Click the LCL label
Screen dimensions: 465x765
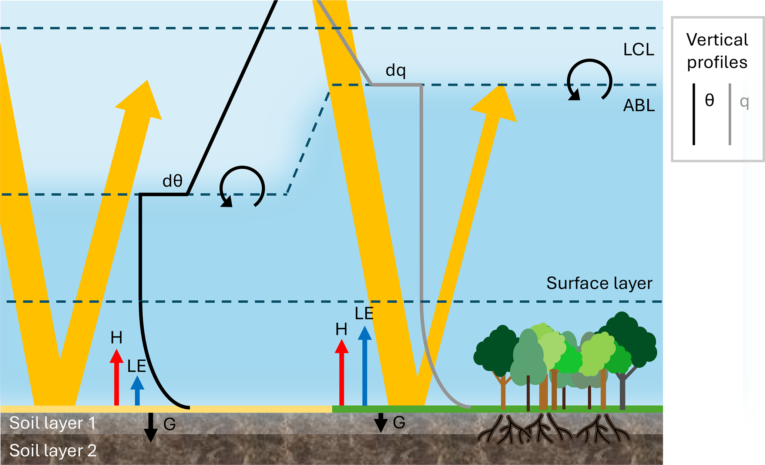(x=638, y=50)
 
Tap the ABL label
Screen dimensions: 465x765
(x=639, y=106)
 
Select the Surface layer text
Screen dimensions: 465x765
(x=599, y=283)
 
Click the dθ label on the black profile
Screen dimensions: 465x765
(x=172, y=181)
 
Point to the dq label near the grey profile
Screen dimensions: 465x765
(x=396, y=70)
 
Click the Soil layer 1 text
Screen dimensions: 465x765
(x=53, y=423)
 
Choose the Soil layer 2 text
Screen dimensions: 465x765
(x=53, y=451)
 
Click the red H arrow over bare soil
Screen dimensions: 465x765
(x=117, y=377)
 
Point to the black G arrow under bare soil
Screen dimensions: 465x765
(x=150, y=427)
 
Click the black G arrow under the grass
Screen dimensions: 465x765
(x=380, y=423)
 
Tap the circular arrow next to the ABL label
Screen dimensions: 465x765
(x=589, y=80)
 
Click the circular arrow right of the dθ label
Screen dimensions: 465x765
(x=242, y=187)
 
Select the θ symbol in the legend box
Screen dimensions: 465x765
(x=709, y=100)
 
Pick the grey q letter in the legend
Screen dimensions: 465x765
(x=744, y=102)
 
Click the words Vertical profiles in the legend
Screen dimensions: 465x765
(x=717, y=51)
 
